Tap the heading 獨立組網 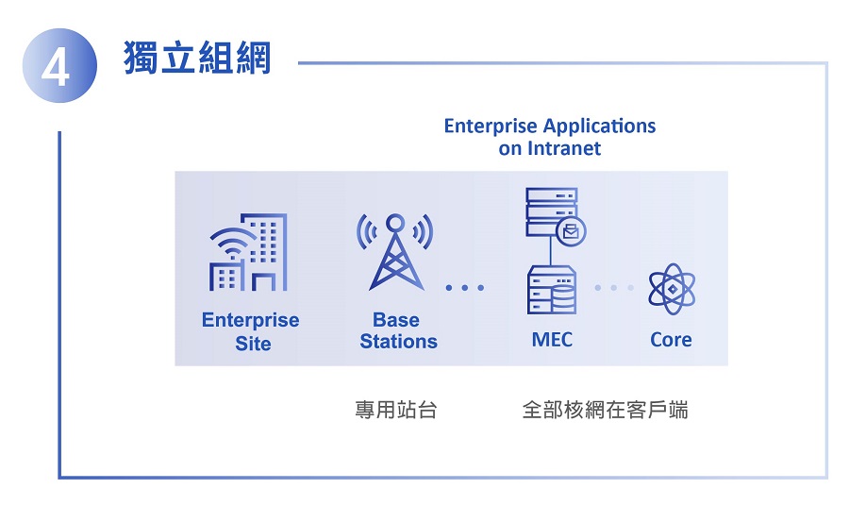[197, 58]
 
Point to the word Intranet [564, 148]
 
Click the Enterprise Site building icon [248, 252]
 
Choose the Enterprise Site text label [251, 331]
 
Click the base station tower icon [395, 252]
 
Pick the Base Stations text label [398, 330]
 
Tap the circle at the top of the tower [395, 223]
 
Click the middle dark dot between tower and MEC [464, 288]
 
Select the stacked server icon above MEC [552, 212]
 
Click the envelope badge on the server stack [572, 231]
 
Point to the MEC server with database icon [552, 290]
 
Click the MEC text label [552, 340]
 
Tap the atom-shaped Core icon [672, 289]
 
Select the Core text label [671, 340]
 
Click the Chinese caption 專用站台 [396, 410]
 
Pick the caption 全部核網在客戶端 [605, 410]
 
